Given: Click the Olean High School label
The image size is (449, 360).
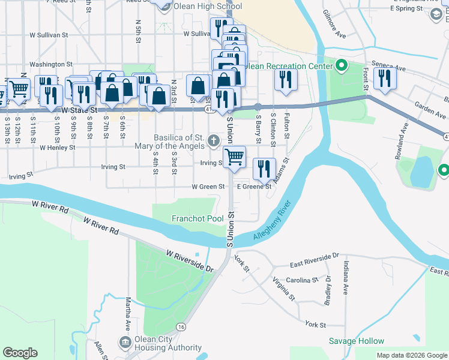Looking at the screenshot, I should tap(207, 7).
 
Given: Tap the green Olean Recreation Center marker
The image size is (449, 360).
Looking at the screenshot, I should tap(342, 65).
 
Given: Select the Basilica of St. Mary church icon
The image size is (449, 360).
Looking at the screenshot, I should tap(213, 142).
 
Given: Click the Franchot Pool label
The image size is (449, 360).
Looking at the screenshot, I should tap(198, 219).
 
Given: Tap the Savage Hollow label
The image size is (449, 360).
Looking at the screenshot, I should tap(356, 341).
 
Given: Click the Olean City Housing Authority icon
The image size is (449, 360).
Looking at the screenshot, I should tap(125, 343).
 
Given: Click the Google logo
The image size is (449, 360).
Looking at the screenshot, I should tap(20, 353).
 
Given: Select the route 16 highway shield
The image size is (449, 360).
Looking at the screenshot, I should tap(181, 326).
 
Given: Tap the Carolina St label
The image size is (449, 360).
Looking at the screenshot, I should tap(303, 280).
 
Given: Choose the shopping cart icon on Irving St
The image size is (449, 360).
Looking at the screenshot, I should tap(234, 157).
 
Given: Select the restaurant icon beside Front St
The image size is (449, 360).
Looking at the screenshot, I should tap(384, 78).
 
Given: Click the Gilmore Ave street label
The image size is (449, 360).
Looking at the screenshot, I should tap(334, 24).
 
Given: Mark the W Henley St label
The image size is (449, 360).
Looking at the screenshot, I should tap(58, 147).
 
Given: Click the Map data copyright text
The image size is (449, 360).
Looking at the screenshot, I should tap(411, 355).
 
